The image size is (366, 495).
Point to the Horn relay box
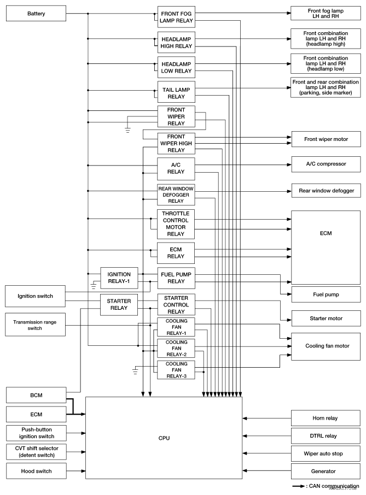tap(326, 419)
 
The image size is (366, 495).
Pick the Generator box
tap(326, 470)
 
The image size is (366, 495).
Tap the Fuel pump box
tap(326, 294)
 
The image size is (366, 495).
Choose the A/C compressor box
tap(326, 164)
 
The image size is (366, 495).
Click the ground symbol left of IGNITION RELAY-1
tap(92, 285)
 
